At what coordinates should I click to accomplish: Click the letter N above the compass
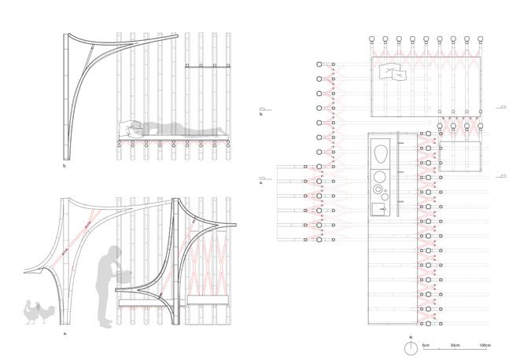[411, 338]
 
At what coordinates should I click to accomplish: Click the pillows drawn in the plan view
[393, 75]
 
